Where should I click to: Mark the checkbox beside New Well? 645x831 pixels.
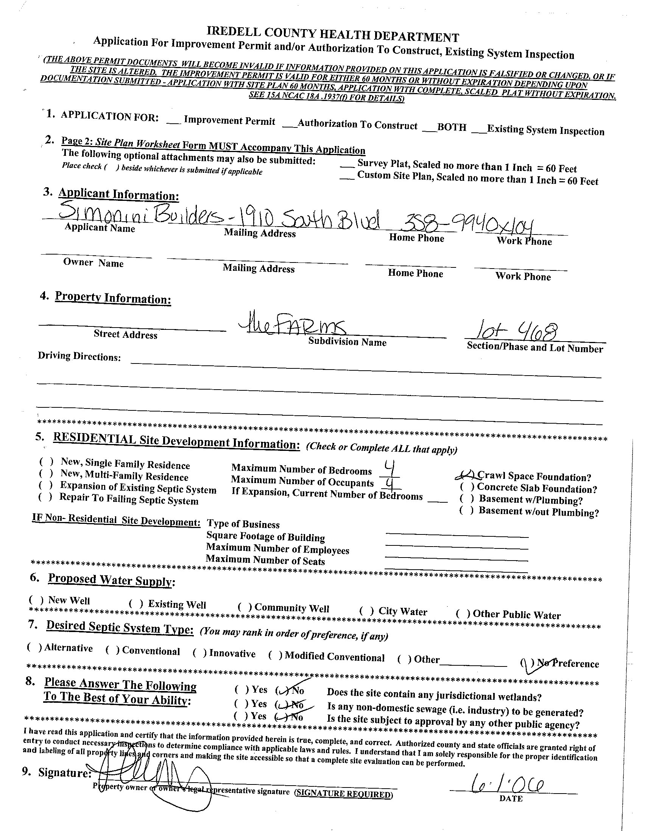[36, 600]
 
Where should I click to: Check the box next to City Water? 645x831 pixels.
[367, 611]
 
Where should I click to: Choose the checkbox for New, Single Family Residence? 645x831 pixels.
[47, 462]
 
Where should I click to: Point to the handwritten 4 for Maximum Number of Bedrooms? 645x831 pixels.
[389, 470]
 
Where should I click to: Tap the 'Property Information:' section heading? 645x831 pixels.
[113, 298]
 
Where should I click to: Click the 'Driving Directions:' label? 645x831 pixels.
[79, 357]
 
